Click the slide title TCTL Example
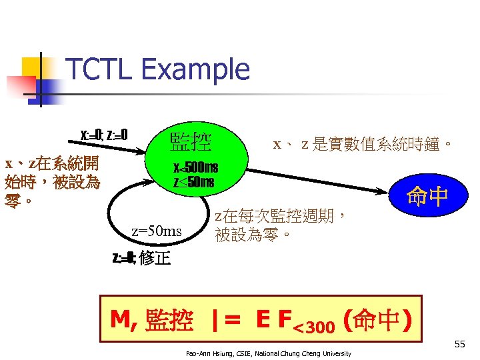(x=158, y=69)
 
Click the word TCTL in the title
(x=101, y=69)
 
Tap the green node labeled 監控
(x=191, y=141)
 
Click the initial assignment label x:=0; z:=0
(x=104, y=135)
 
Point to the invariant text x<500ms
(x=195, y=167)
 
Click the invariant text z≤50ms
(x=194, y=182)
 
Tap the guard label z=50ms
(x=156, y=231)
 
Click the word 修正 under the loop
(x=155, y=258)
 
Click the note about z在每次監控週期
(x=280, y=225)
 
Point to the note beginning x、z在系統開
(x=52, y=181)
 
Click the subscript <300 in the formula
(x=315, y=326)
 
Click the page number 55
(x=459, y=344)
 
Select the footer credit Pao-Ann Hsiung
(x=269, y=352)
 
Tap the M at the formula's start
(x=120, y=321)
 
